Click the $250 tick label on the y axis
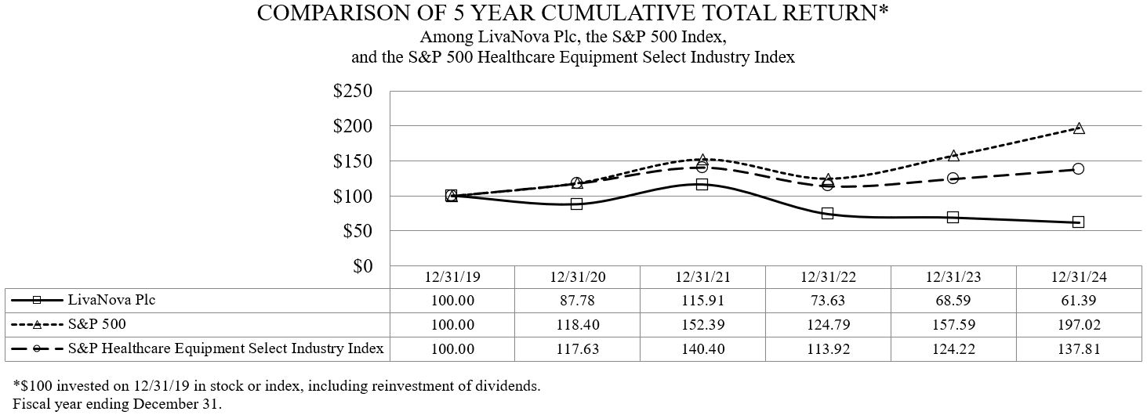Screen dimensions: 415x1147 (352, 91)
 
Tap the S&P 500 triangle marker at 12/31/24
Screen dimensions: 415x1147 (1078, 128)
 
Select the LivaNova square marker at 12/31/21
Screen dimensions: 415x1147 (702, 184)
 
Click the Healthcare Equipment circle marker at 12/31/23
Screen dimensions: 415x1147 (953, 179)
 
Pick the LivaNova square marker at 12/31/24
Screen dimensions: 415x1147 (1078, 222)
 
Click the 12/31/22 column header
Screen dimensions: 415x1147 (827, 277)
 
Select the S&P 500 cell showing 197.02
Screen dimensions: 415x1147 (1078, 324)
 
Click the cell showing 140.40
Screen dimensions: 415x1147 (702, 348)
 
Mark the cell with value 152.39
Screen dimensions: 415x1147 (702, 324)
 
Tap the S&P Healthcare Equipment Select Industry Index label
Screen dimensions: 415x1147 (226, 348)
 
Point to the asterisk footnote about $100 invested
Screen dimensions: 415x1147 (277, 386)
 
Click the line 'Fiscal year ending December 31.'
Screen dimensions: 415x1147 (118, 404)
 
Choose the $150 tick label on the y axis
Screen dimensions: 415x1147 (352, 161)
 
